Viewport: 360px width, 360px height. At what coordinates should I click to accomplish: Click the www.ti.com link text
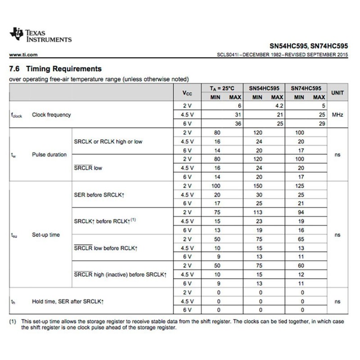(x=22, y=55)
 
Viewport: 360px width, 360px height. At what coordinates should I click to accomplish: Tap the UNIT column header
(x=337, y=93)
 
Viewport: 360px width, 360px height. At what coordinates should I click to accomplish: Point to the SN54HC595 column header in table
(x=265, y=89)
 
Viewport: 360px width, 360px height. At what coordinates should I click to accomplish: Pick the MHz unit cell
(x=337, y=115)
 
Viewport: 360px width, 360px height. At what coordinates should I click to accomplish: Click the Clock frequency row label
(x=51, y=115)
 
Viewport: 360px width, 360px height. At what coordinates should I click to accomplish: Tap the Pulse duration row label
(x=49, y=155)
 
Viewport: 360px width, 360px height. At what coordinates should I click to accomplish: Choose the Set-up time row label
(x=45, y=235)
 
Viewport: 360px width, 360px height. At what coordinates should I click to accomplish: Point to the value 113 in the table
(x=257, y=212)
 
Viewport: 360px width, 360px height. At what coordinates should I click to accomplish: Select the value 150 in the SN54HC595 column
(x=257, y=185)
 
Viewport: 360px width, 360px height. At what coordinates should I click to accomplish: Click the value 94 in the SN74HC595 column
(x=301, y=212)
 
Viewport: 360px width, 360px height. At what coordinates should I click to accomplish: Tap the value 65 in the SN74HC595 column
(x=301, y=239)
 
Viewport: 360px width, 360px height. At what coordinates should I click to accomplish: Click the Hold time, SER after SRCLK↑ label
(x=70, y=301)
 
